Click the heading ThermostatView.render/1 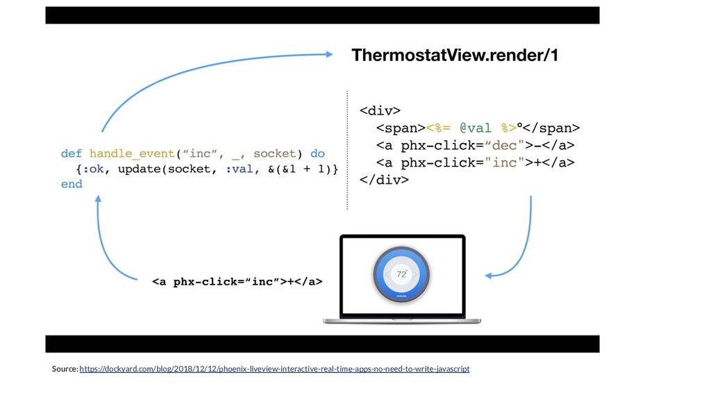pyautogui.click(x=454, y=55)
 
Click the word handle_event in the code pyautogui.click(x=132, y=153)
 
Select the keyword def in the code pyautogui.click(x=72, y=153)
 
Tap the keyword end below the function pyautogui.click(x=72, y=184)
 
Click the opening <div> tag pyautogui.click(x=379, y=110)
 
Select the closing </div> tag pyautogui.click(x=383, y=180)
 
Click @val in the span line pyautogui.click(x=472, y=128)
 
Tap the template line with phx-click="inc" pyautogui.click(x=475, y=162)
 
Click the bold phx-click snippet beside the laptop pyautogui.click(x=237, y=281)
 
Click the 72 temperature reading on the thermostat pyautogui.click(x=401, y=274)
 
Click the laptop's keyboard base pyautogui.click(x=401, y=321)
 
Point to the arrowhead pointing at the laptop pyautogui.click(x=489, y=275)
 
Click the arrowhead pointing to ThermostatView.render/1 pyautogui.click(x=329, y=53)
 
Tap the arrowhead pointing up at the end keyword pyautogui.click(x=99, y=199)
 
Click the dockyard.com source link pyautogui.click(x=274, y=369)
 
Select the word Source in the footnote pyautogui.click(x=64, y=369)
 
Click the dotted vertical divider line pyautogui.click(x=346, y=149)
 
